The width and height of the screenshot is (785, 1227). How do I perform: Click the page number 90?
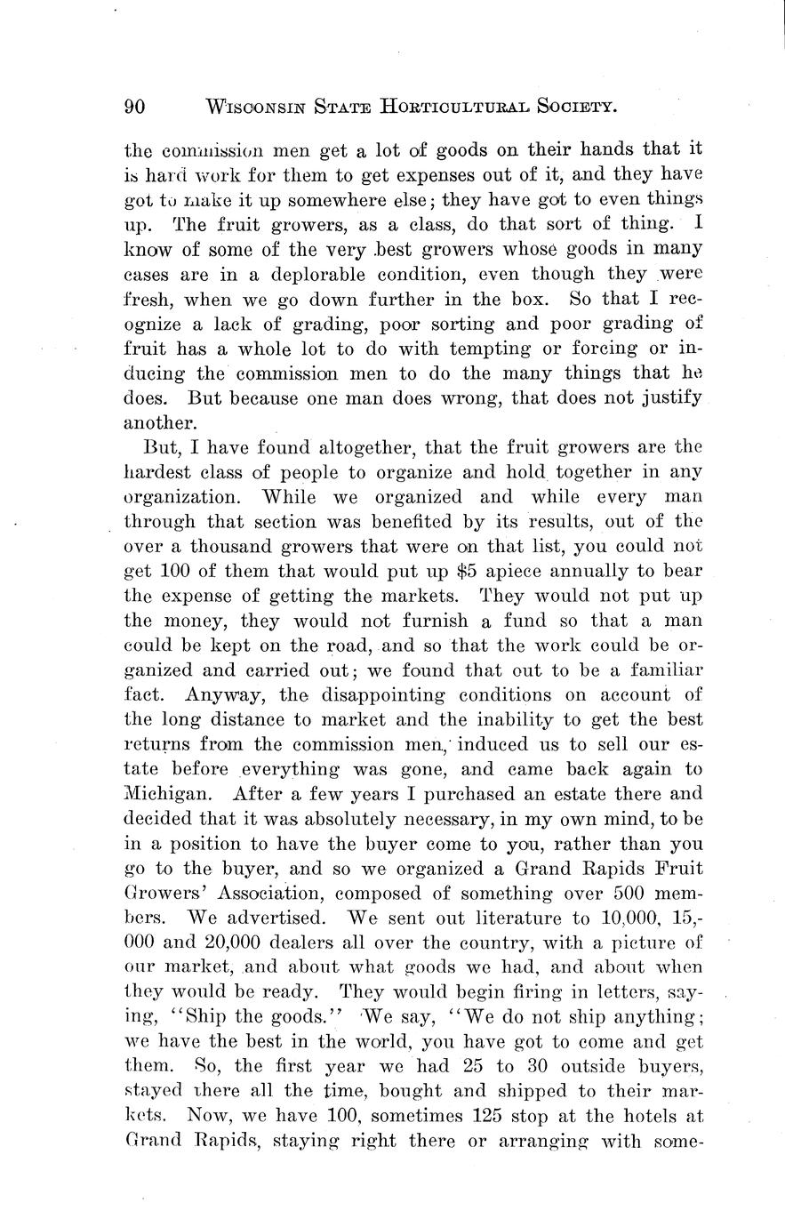(135, 107)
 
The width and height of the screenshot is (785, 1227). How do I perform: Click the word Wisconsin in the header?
(254, 108)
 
